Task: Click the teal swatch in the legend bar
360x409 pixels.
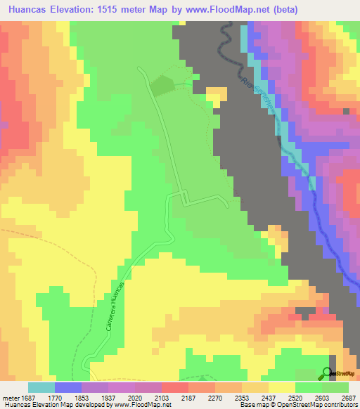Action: [41, 387]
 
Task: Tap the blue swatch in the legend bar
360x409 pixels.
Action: [68, 387]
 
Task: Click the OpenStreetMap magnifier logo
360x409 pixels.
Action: [327, 373]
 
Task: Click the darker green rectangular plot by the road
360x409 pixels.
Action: [161, 86]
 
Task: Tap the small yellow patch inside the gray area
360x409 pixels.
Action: [217, 96]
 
